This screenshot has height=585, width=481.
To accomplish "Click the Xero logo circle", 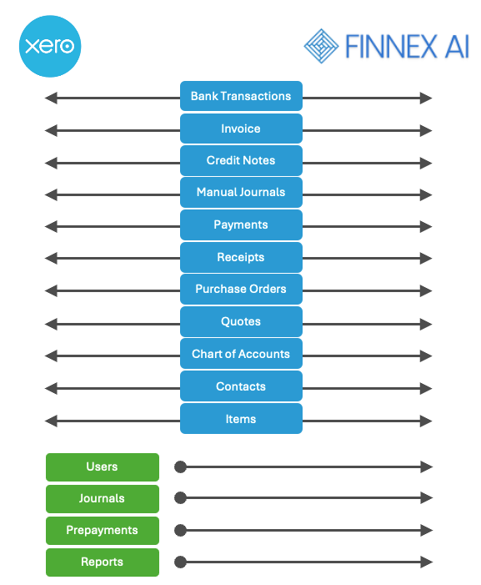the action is pos(50,46).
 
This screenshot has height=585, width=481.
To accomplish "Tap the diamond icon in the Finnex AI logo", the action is pos(321,46).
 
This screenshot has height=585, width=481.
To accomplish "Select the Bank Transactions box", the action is pos(241,96).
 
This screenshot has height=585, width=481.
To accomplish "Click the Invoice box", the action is pos(241,129).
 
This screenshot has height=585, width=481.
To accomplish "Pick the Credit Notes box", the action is pos(241,160).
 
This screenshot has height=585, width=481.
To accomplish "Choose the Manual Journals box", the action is pos(241,192).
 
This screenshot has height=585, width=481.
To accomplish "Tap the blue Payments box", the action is pos(241,224).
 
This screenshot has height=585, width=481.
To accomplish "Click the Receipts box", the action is pos(241,257).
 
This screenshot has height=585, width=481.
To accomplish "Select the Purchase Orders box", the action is pos(241,289).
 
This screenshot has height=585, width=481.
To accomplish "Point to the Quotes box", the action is pos(241,321).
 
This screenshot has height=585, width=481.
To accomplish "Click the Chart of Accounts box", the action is pos(241,354).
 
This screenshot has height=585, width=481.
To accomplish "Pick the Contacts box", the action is pos(241,386).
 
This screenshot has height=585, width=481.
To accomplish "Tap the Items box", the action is pos(241,419).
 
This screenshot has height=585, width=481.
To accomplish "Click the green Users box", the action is pos(103,467).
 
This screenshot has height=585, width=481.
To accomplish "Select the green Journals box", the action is pos(103,499).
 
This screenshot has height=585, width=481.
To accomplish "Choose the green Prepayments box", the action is pos(103,531).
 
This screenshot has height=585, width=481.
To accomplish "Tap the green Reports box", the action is pos(103,562).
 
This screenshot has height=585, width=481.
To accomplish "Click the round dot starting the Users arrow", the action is pos(180,466).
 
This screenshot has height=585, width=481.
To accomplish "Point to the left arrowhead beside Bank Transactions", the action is pos(51,98).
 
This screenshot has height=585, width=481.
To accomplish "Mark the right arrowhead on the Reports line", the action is pos(426,562).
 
